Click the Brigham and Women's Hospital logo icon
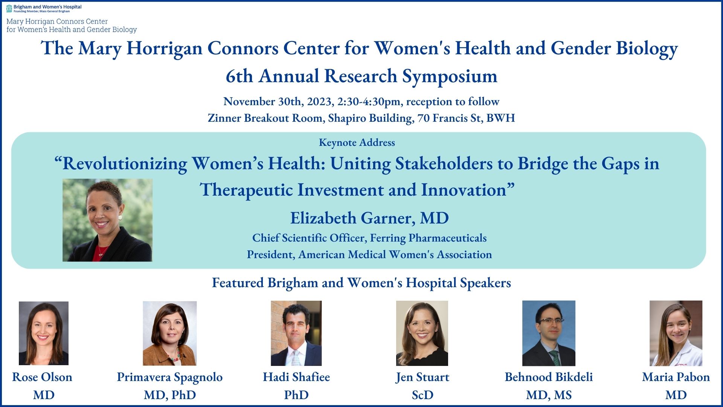(9, 9)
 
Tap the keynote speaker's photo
(107, 220)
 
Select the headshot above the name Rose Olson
(44, 333)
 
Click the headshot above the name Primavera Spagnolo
(170, 333)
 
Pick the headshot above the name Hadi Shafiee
(296, 333)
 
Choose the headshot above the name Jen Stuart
(422, 333)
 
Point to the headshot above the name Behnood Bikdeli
(549, 333)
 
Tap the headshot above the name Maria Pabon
(676, 333)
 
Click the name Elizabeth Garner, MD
(369, 218)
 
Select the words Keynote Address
(357, 142)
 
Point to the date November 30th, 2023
(278, 102)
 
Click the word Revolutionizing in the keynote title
(125, 164)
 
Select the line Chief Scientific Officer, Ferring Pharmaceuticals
(369, 238)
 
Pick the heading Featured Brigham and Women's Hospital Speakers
(361, 283)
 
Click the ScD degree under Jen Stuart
(423, 395)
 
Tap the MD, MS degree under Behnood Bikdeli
(549, 395)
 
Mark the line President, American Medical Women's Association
(369, 255)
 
